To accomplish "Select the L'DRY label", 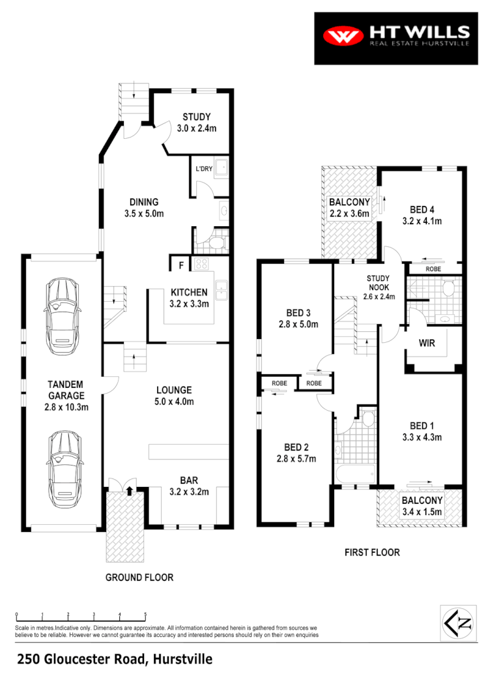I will [205, 169].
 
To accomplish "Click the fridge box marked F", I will [180, 265].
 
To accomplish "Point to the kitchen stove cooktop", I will [201, 265].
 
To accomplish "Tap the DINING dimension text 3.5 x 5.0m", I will [143, 213].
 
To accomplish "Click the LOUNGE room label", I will [173, 390].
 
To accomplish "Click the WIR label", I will [427, 343].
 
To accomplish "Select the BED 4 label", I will [422, 209].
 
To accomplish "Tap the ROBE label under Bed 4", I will [433, 269].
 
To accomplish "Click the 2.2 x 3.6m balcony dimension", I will [349, 213].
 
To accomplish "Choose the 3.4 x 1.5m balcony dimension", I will [422, 512].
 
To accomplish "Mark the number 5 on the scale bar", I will [145, 615].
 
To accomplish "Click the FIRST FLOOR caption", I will [372, 552].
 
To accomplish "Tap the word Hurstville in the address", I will [182, 660].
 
